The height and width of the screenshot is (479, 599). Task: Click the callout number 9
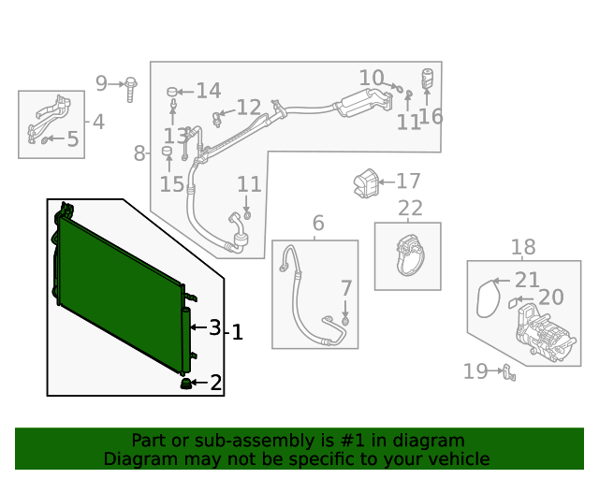click(x=102, y=84)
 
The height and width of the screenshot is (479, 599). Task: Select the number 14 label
click(x=208, y=91)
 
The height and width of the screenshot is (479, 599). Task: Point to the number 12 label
click(x=248, y=109)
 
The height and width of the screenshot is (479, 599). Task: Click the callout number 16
click(x=431, y=116)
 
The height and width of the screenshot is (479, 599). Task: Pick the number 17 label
click(x=408, y=181)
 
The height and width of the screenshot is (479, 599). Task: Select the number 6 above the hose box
click(x=318, y=224)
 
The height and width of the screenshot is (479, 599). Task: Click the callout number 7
click(x=345, y=288)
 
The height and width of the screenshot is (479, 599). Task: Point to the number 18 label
click(x=523, y=248)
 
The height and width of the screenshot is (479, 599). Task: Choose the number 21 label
click(x=528, y=280)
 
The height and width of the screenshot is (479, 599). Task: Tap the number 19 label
click(x=476, y=371)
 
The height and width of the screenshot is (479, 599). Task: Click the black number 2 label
click(x=215, y=383)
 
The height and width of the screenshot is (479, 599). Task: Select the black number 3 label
click(x=214, y=327)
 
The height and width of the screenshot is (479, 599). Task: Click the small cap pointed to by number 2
click(x=185, y=383)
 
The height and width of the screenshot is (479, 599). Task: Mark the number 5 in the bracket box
click(x=72, y=140)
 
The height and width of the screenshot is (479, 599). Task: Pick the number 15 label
click(x=171, y=183)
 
